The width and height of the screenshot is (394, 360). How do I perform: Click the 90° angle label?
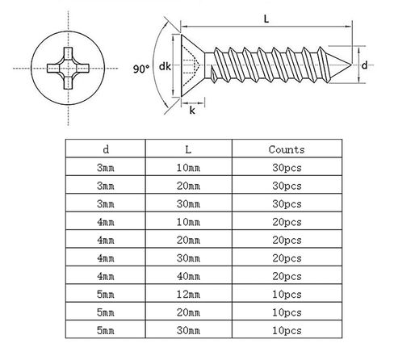coord(141,69)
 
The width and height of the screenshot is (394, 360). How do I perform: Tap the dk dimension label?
coord(165,66)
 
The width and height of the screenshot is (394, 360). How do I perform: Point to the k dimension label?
coord(192,111)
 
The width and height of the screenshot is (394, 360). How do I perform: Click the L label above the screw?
coord(266,19)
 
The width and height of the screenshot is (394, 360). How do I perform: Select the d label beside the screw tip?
coord(364,65)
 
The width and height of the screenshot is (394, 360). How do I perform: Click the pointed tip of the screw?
coord(351,65)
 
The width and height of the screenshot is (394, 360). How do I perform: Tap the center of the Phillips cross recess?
coord(68,69)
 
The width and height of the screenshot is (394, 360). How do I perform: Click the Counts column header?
coord(287,149)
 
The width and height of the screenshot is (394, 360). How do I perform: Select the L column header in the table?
coord(188,149)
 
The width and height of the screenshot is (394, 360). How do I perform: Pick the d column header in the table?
coord(106,149)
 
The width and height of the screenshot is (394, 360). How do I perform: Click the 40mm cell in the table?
coord(188,276)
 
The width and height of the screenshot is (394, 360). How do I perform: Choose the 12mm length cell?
coord(188,295)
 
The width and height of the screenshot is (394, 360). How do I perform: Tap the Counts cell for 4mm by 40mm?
coord(287,276)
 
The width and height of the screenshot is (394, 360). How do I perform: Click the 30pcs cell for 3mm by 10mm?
coord(287,168)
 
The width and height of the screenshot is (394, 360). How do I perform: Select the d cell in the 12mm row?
coord(106,295)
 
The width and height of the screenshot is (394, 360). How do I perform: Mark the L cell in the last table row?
coord(188,330)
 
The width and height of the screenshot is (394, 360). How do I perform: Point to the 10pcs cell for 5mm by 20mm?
coord(287,312)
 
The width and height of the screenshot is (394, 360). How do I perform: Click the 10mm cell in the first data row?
coord(188,168)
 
